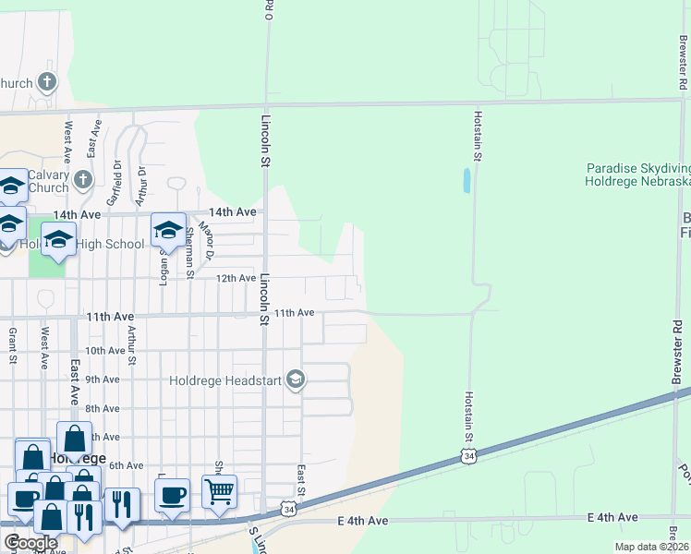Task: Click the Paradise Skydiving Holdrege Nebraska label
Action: click(637, 175)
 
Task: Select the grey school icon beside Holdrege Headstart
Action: click(296, 379)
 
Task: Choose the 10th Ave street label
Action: click(104, 351)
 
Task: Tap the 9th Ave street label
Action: click(103, 379)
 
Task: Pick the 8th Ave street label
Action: click(103, 408)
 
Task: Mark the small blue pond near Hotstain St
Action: click(466, 180)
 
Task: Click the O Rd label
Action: click(270, 10)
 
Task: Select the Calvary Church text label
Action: click(48, 181)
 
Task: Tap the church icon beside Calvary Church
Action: click(83, 178)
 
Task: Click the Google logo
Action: click(30, 543)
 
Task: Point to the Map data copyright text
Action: click(652, 547)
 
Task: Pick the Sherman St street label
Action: click(189, 252)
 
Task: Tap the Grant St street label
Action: click(13, 343)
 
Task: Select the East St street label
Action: click(301, 478)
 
